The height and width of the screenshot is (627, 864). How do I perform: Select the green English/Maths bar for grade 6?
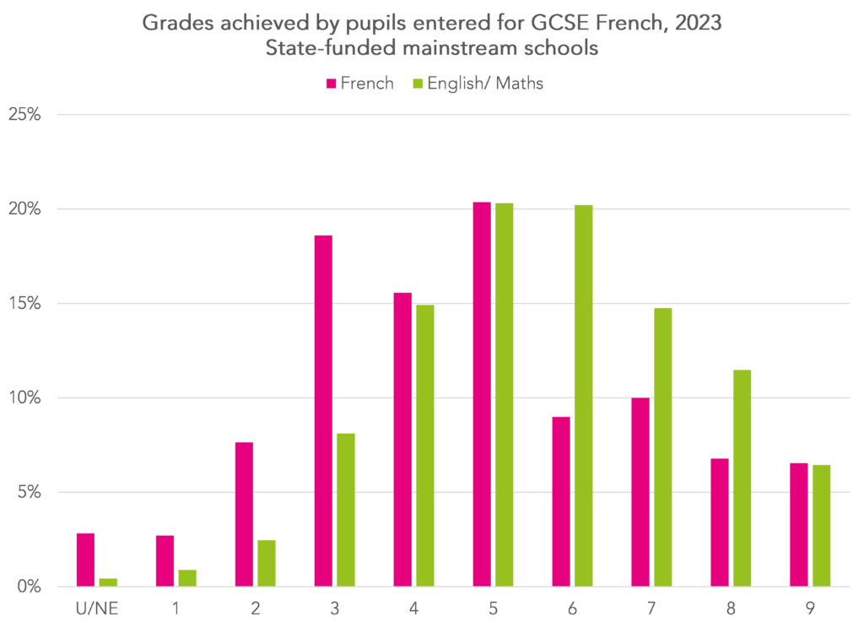tap(583, 396)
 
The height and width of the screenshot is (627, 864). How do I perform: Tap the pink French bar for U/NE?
tap(85, 559)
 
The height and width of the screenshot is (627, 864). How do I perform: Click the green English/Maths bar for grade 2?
tap(266, 563)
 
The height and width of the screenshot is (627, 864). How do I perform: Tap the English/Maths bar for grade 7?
tap(662, 447)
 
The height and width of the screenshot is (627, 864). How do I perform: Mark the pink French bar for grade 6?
tap(561, 501)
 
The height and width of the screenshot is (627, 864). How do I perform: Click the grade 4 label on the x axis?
tap(413, 608)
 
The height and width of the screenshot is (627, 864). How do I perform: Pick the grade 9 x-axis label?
tap(810, 608)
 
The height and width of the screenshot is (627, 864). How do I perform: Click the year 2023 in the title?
tap(698, 24)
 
